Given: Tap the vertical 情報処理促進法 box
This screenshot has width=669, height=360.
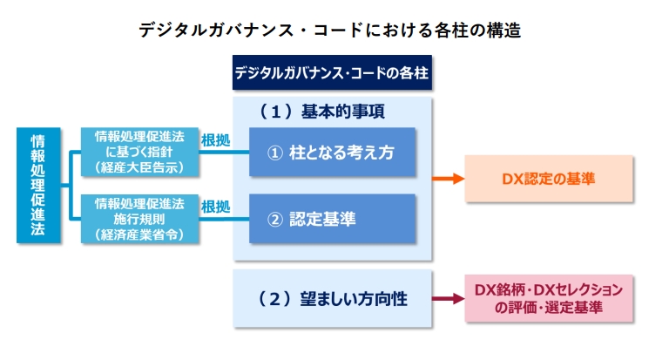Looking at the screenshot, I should (39, 185).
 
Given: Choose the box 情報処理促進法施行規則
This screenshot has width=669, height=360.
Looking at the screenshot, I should (139, 218).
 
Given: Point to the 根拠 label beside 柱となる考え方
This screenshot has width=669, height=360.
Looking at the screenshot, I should (216, 139).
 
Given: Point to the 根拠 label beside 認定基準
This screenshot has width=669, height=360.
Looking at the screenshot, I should (216, 207).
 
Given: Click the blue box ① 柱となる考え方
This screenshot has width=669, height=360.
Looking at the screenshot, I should (331, 153).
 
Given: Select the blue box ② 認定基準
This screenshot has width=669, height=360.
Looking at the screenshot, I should (331, 219).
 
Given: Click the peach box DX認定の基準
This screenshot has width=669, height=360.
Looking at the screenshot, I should (548, 179).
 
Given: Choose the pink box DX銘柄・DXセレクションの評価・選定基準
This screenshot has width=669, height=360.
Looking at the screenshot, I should (549, 298).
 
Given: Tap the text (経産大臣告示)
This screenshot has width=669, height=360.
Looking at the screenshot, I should (139, 167).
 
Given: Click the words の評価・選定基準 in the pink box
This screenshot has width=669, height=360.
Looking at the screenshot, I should (549, 308).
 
